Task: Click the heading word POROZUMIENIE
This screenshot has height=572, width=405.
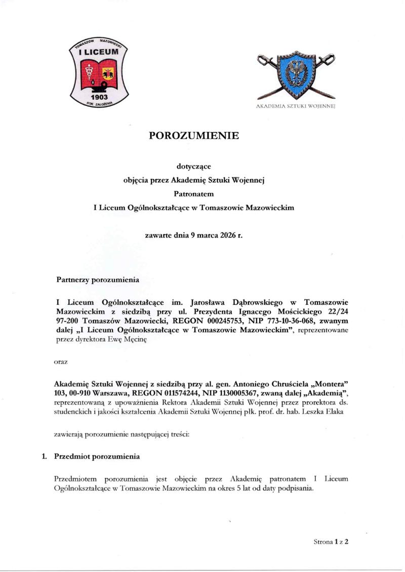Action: pyautogui.click(x=192, y=136)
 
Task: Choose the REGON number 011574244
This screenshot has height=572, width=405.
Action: pyautogui.click(x=173, y=394)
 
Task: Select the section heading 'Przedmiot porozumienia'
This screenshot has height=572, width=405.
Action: pyautogui.click(x=97, y=456)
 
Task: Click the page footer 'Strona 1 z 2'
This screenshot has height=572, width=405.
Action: pyautogui.click(x=332, y=541)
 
